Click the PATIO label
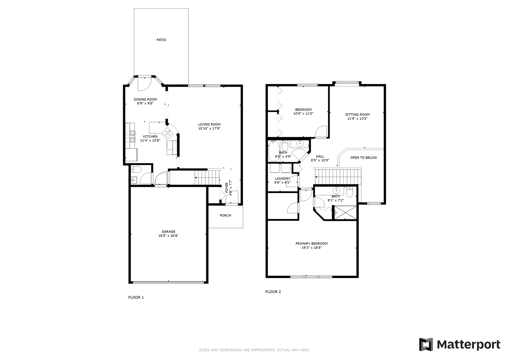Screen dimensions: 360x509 (x=161, y=40)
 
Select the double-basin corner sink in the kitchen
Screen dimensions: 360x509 (x=168, y=132)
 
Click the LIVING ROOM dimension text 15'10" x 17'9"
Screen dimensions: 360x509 (x=209, y=128)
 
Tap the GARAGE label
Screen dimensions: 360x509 (x=168, y=232)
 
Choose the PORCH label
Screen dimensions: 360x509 (x=225, y=215)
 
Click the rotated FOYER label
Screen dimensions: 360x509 (x=227, y=188)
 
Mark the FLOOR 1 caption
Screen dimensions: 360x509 (x=136, y=297)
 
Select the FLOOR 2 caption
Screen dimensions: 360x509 (x=273, y=292)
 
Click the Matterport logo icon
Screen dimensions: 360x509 (x=426, y=344)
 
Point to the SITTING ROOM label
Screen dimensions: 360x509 (x=357, y=115)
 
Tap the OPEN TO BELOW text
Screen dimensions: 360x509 (x=363, y=158)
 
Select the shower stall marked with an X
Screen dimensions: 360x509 (x=345, y=213)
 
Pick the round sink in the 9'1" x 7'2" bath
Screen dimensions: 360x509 (x=336, y=191)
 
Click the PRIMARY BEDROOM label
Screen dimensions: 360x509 (x=311, y=244)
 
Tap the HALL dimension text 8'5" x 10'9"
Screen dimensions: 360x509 (x=320, y=160)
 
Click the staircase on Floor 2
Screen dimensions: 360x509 (x=338, y=176)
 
